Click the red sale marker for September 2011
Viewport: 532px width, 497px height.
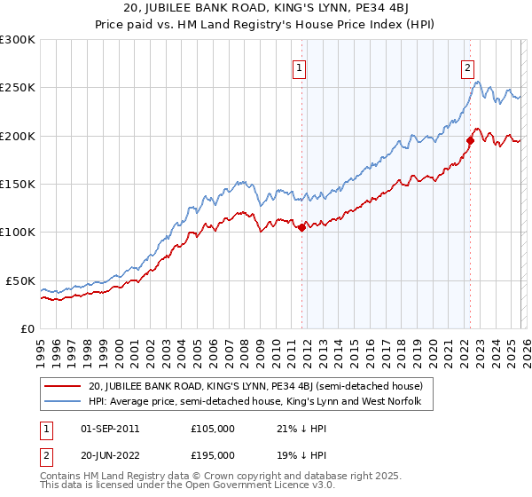(x=301, y=227)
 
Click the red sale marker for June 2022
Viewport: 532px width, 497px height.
(x=470, y=140)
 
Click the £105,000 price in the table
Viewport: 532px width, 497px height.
(x=213, y=429)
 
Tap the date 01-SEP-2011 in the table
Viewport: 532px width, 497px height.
(x=110, y=429)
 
